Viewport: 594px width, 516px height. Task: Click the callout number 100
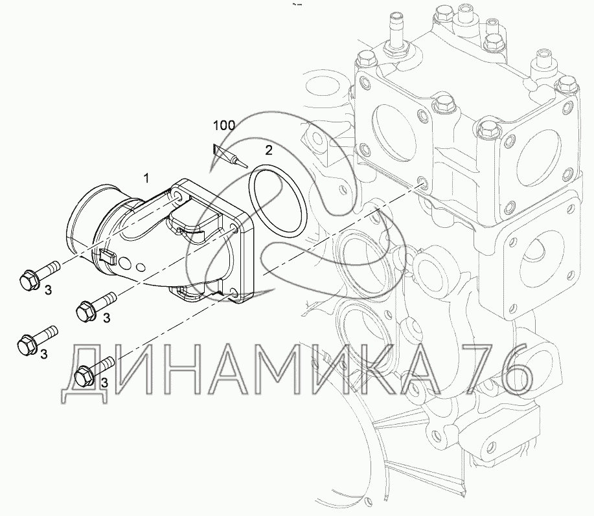click(x=224, y=126)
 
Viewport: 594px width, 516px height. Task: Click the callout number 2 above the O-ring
click(x=269, y=150)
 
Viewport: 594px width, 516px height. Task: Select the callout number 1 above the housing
click(x=146, y=177)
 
